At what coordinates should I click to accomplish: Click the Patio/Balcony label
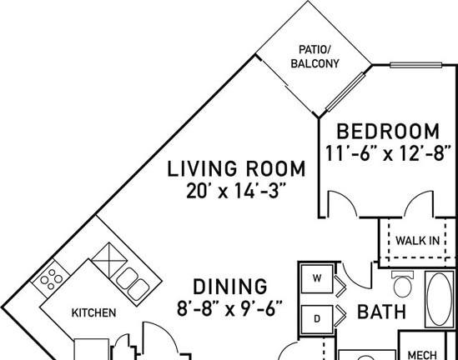(315, 57)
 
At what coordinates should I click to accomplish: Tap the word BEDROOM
(388, 132)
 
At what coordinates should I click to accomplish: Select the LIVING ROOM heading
(236, 169)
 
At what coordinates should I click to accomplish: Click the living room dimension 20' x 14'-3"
(235, 191)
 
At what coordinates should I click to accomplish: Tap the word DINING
(230, 287)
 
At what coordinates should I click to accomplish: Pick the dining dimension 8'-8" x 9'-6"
(229, 309)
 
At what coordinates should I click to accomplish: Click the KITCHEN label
(93, 312)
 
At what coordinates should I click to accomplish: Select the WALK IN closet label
(417, 241)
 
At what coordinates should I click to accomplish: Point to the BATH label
(382, 312)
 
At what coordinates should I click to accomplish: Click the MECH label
(422, 355)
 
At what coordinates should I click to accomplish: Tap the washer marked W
(317, 278)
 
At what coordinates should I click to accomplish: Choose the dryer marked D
(317, 319)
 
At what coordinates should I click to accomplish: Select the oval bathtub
(439, 299)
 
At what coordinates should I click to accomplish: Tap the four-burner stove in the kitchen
(51, 279)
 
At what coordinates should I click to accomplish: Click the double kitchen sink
(133, 284)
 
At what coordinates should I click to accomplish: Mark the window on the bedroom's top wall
(416, 65)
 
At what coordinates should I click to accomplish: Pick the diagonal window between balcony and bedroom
(345, 92)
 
